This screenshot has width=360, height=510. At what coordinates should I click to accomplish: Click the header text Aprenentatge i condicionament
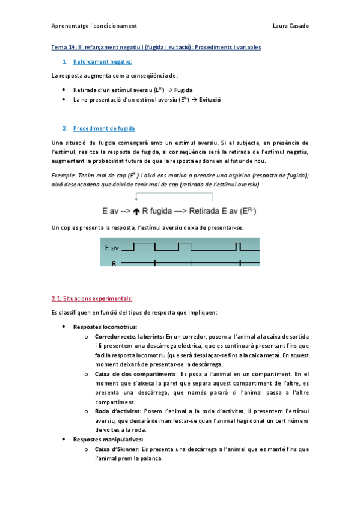[x=94, y=26]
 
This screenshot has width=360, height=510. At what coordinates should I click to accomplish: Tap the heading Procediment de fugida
[x=104, y=128]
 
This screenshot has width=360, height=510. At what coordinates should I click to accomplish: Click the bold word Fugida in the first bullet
[x=183, y=89]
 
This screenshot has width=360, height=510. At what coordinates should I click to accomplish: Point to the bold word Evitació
[x=210, y=99]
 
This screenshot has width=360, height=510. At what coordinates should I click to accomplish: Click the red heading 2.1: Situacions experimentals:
[x=92, y=298]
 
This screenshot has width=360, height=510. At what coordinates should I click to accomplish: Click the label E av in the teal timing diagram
[x=112, y=248]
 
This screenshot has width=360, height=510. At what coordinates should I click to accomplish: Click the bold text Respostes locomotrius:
[x=100, y=327]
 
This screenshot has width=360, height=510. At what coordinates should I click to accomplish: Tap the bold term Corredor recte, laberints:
[x=129, y=336]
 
